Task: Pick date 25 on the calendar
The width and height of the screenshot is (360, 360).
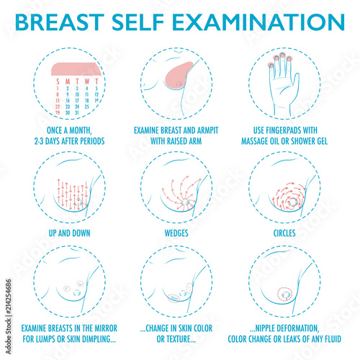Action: (86, 106)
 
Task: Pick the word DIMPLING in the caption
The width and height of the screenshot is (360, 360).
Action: (96, 338)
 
